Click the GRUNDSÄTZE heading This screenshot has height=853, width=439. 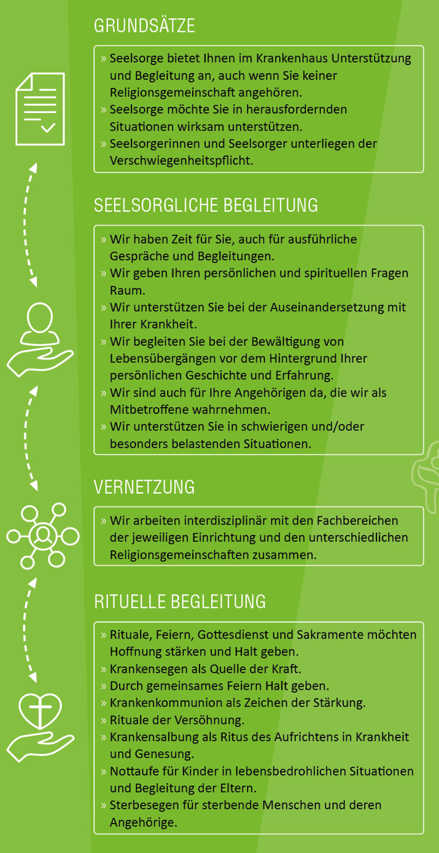(x=144, y=26)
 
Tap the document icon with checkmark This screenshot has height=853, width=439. (x=40, y=109)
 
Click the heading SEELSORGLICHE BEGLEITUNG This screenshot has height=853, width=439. (x=206, y=205)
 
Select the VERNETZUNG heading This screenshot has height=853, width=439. (x=144, y=487)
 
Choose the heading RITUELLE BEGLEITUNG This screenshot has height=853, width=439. (x=180, y=601)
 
